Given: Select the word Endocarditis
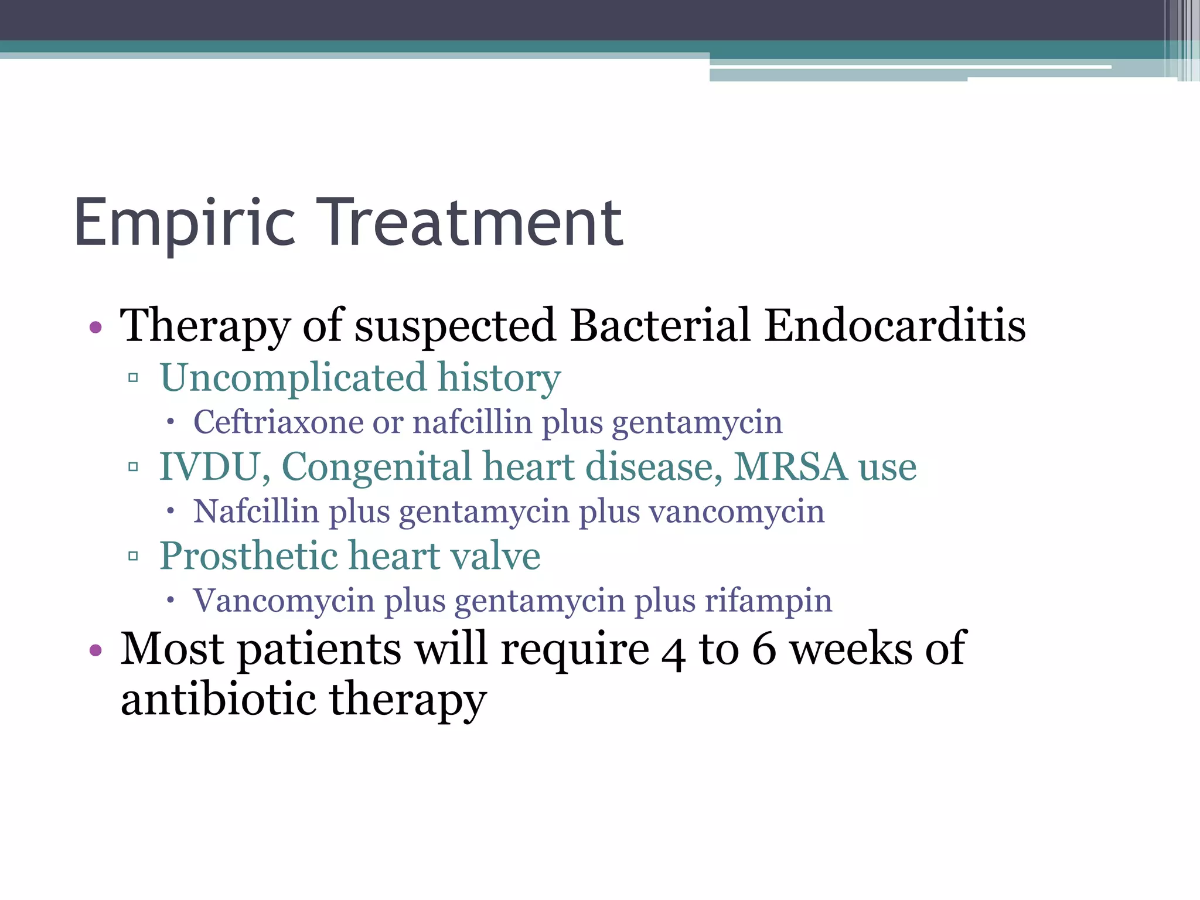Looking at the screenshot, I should point(895,325).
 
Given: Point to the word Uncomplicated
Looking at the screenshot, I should point(293,378).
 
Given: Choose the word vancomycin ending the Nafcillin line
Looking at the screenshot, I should point(737,512).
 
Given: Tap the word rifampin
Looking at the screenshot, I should point(768,601).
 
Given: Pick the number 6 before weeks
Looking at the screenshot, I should point(764,649).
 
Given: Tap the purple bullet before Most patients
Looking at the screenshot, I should point(96,650).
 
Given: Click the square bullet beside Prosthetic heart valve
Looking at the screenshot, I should point(133,555).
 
